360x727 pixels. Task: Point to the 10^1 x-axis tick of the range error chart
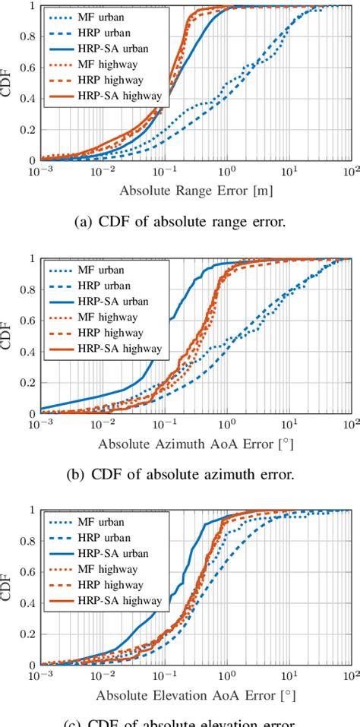289,171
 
